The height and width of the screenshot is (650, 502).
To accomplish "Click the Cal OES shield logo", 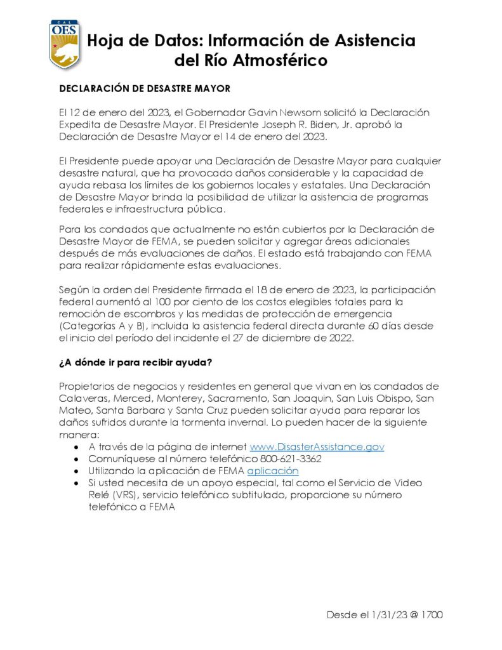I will tap(65, 44).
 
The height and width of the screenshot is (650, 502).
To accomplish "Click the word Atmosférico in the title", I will tap(274, 61).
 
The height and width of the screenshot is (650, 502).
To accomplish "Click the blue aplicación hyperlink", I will tap(272, 471).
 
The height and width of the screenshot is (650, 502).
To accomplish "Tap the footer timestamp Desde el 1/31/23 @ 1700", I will tap(385, 614).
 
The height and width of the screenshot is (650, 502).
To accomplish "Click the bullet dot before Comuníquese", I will tap(76, 459).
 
